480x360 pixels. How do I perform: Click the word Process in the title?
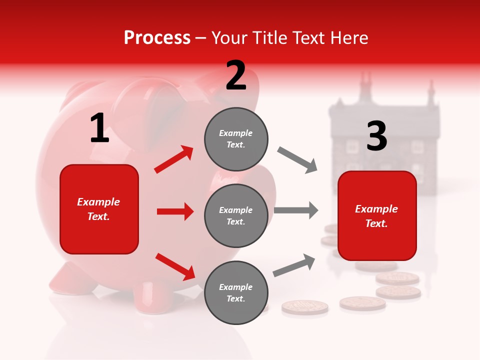157,38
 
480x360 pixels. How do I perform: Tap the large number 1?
99,128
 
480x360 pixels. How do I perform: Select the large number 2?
236,75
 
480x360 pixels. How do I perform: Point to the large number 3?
376,136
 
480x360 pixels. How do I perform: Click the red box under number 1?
99,209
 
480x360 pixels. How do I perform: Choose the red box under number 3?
377,216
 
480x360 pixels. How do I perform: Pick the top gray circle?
236,139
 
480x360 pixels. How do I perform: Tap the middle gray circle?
236,215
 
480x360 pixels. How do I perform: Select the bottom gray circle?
236,292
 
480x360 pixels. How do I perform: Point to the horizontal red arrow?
175,211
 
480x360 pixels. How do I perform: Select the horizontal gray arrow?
296,210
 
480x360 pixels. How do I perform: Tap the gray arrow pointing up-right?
294,265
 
